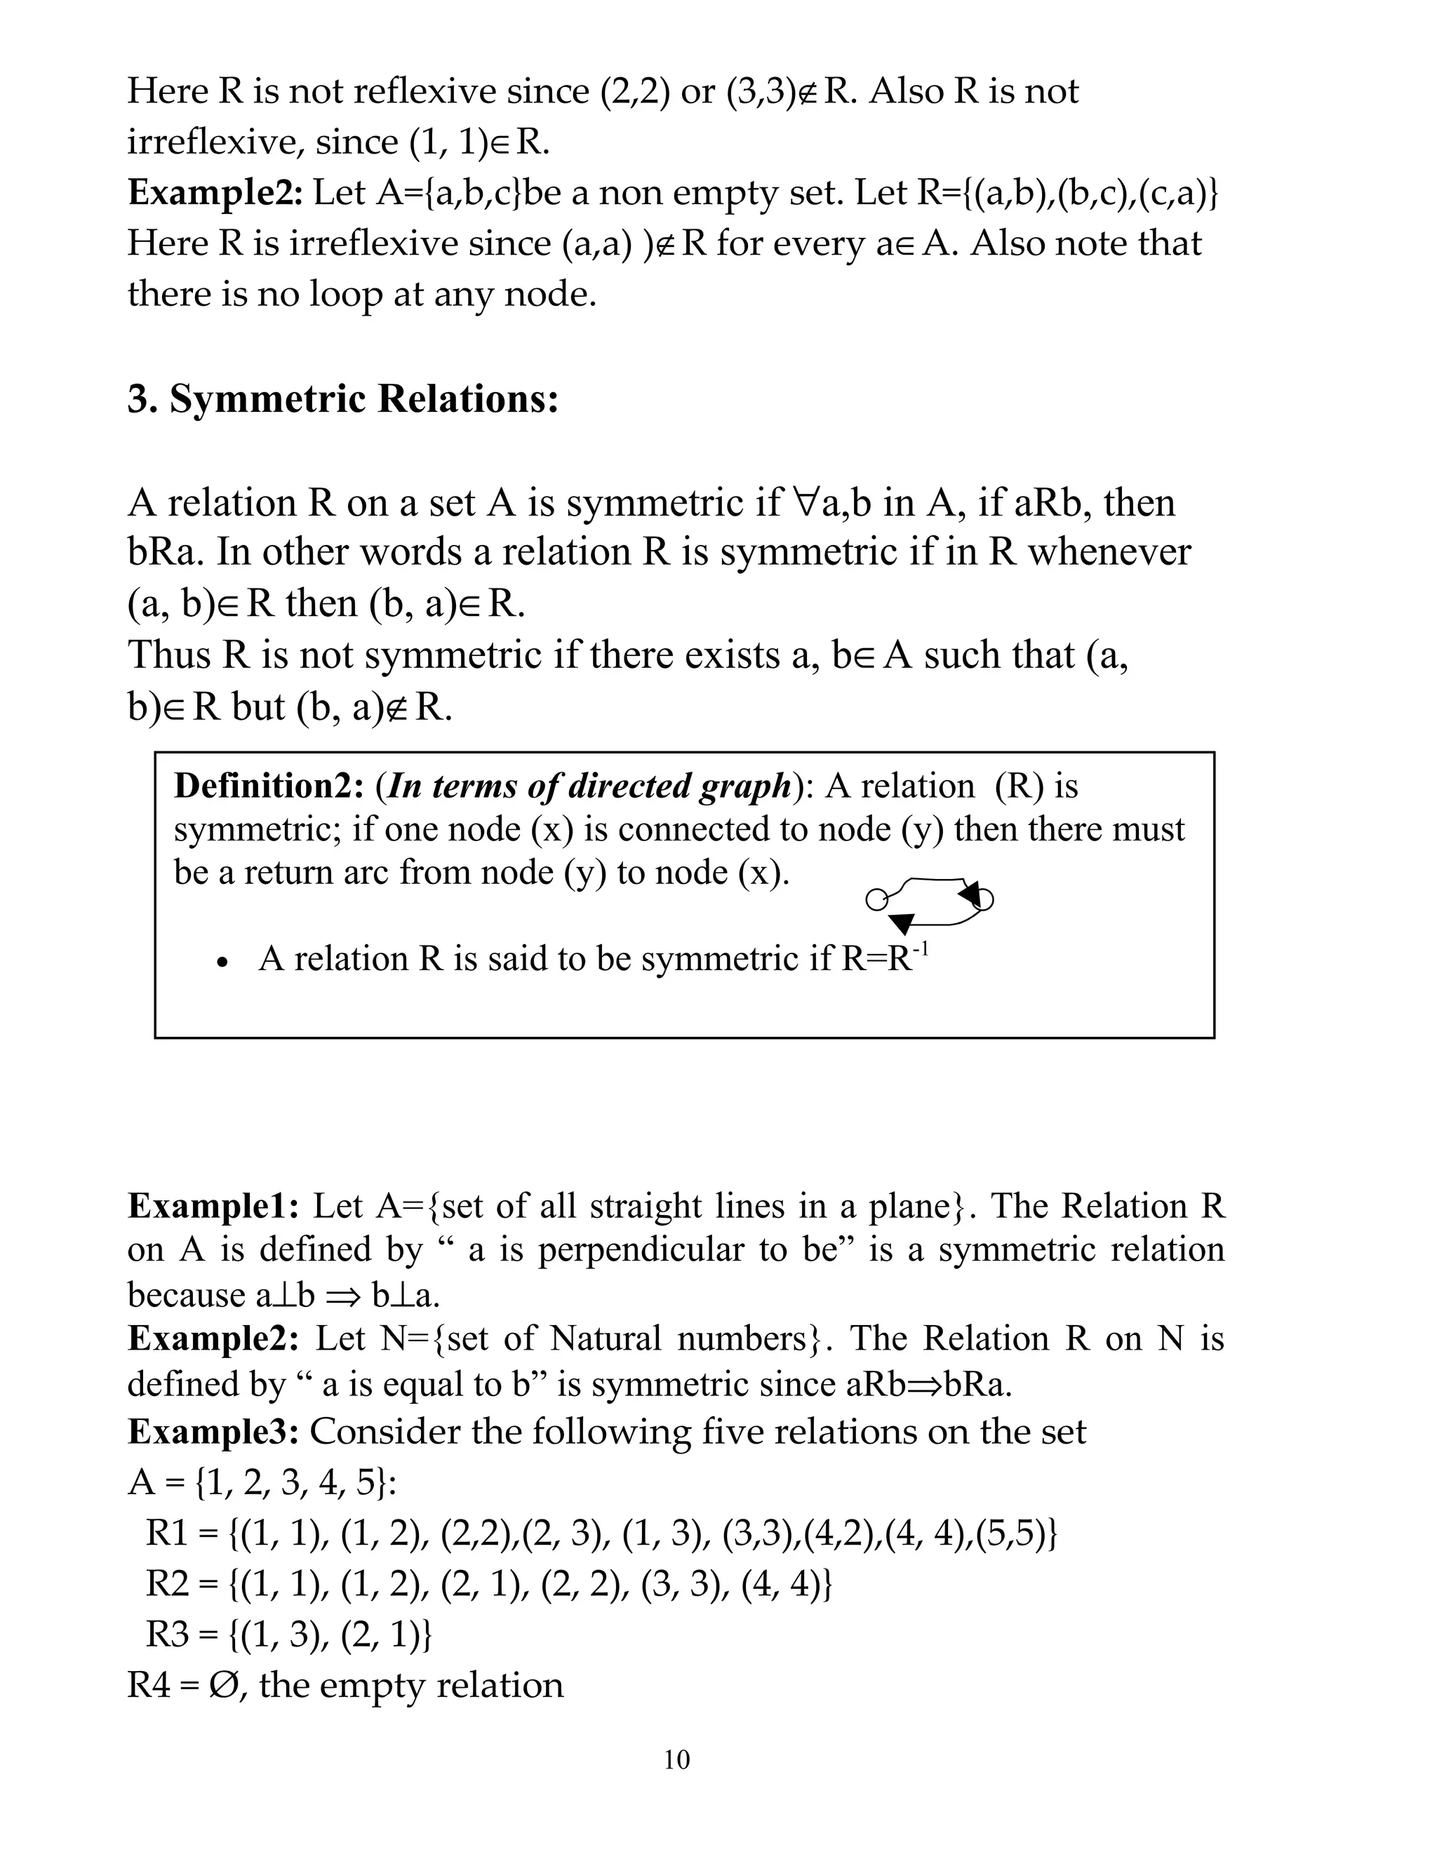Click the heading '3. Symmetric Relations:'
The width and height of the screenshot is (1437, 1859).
click(342, 398)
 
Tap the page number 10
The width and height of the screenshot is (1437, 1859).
click(677, 1759)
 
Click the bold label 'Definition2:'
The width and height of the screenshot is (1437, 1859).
click(268, 786)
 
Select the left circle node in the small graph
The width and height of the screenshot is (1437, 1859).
click(875, 899)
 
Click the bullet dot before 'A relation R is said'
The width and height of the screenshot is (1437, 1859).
click(222, 962)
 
